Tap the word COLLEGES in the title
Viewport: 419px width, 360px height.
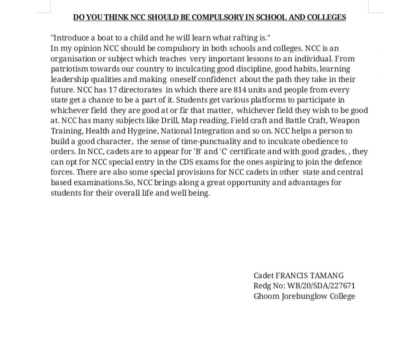[x=326, y=17]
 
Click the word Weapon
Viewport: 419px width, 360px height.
[x=345, y=121]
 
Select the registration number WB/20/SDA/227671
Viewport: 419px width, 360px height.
[x=321, y=286]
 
